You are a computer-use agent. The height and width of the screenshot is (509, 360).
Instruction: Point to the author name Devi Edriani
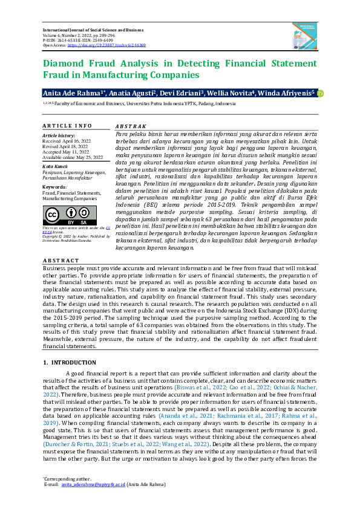coord(183,93)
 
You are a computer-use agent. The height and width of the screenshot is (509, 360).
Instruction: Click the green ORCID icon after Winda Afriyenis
coord(321,93)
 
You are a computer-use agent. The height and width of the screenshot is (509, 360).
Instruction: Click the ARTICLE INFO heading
coord(67,126)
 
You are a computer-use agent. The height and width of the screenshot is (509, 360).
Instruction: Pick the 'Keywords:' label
coord(54,187)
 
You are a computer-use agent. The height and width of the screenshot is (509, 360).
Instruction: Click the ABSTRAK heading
coord(129,126)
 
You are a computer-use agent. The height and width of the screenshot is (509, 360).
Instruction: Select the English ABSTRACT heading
coord(62,261)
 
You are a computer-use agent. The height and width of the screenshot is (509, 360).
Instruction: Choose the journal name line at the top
coord(97,30)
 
